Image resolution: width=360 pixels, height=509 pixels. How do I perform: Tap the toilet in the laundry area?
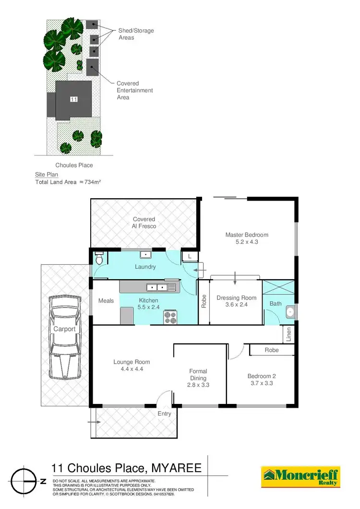[99, 259]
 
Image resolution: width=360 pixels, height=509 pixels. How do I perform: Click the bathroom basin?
[290, 312]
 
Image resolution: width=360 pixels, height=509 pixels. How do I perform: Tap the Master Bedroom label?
[247, 235]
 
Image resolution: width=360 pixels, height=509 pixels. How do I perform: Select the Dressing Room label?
[236, 298]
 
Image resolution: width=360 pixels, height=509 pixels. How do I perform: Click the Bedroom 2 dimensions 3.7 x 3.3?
[261, 383]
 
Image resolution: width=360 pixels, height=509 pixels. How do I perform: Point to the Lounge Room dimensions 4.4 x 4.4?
[132, 369]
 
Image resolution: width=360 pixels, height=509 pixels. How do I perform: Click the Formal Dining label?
[198, 375]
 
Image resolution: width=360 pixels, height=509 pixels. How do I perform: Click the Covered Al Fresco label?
[144, 223]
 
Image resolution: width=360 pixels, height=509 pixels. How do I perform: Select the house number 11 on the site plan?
[73, 99]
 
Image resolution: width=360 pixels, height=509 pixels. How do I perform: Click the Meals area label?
[106, 301]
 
